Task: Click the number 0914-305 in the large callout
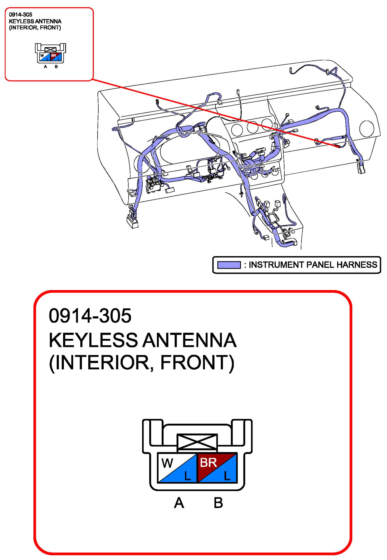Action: pyautogui.click(x=90, y=316)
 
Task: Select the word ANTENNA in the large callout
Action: pyautogui.click(x=190, y=340)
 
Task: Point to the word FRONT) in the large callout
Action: pyautogui.click(x=197, y=363)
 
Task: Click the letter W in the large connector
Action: pyautogui.click(x=167, y=463)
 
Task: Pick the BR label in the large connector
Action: pyautogui.click(x=208, y=463)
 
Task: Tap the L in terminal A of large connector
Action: pyautogui.click(x=187, y=476)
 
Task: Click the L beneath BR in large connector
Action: pyautogui.click(x=227, y=476)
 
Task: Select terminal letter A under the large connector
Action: pyautogui.click(x=179, y=503)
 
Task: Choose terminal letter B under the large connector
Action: pyautogui.click(x=218, y=503)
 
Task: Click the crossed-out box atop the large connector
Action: pyautogui.click(x=197, y=442)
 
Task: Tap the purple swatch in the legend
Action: pyautogui.click(x=229, y=265)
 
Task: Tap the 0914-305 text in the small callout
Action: pyautogui.click(x=20, y=15)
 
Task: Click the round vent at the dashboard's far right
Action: pyautogui.click(x=367, y=128)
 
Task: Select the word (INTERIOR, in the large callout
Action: pyautogui.click(x=101, y=363)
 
